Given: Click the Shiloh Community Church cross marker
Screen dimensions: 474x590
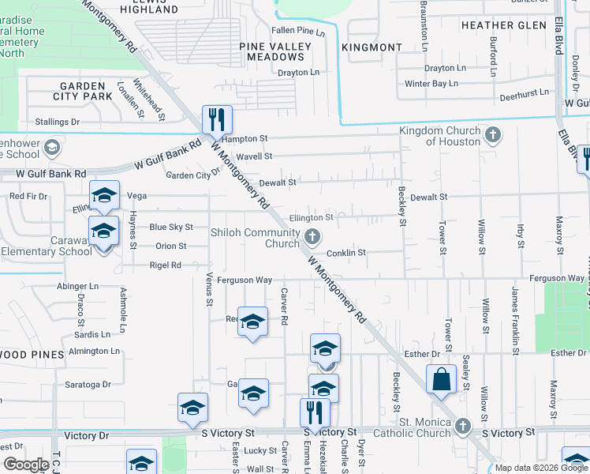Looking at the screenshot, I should [312, 235].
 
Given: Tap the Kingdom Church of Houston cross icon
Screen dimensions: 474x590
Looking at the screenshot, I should [494, 135].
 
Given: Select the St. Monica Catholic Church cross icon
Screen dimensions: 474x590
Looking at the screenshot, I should [463, 427].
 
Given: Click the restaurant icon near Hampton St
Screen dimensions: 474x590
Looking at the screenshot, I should [217, 120].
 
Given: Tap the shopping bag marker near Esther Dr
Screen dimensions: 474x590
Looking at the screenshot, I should [441, 379].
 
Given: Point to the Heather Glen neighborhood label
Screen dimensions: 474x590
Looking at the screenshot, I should [504, 25].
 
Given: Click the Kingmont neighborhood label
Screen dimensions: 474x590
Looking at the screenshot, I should [372, 47].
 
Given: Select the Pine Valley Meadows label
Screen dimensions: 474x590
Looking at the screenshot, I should [276, 52].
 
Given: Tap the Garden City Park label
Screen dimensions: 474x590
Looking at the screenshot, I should [83, 91].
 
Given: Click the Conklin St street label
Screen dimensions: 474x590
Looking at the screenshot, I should [347, 253].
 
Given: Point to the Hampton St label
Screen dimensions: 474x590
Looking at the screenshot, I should [245, 139].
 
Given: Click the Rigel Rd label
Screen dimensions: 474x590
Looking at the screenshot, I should [165, 265].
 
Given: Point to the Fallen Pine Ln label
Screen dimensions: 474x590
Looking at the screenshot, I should [298, 32].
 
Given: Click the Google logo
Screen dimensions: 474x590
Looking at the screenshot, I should [25, 465].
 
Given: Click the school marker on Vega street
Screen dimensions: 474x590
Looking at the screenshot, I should [104, 196].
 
